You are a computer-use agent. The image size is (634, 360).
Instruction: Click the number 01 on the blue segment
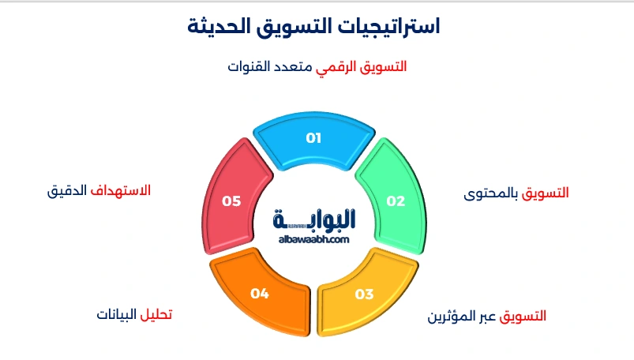[x=314, y=138]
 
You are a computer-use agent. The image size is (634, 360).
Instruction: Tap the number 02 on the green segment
[x=396, y=201]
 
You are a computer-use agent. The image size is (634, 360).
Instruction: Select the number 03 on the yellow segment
[x=364, y=294]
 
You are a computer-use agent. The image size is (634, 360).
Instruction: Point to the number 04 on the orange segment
[x=260, y=294]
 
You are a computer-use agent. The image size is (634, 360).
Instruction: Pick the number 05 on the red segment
[x=231, y=201]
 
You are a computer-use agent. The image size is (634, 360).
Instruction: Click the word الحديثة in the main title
[x=218, y=26]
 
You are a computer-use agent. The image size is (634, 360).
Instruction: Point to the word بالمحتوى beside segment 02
[x=493, y=193]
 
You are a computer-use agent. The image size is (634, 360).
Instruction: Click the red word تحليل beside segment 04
[x=156, y=315]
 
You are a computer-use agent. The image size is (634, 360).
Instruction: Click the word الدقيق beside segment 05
[x=67, y=190]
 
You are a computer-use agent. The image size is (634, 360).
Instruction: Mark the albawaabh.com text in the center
[x=313, y=238]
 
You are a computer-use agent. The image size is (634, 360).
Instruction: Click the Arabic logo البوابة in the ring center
[x=313, y=218]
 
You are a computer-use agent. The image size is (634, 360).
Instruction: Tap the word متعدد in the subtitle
[x=294, y=67]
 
